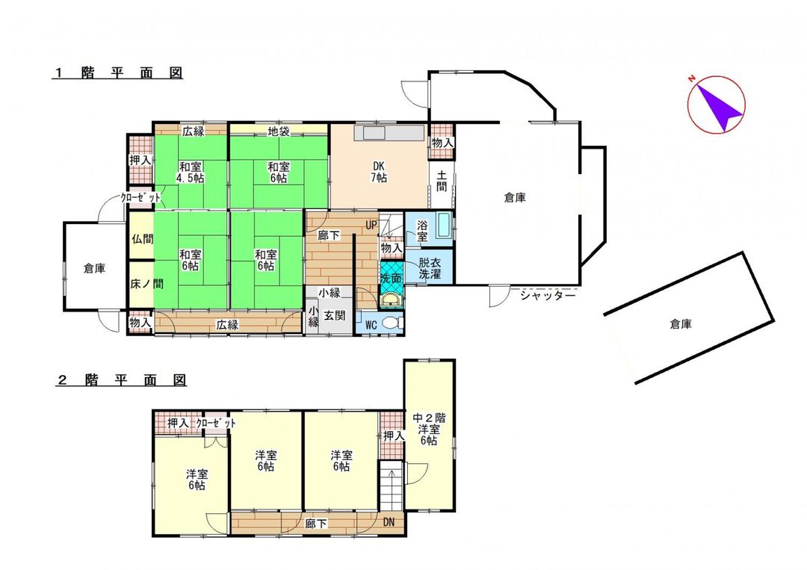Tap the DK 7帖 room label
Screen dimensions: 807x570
tap(380, 173)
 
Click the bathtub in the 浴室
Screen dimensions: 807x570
tap(442, 227)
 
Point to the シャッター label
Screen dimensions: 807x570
tap(548, 297)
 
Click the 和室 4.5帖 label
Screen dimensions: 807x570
tap(191, 173)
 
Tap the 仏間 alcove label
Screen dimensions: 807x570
tap(142, 239)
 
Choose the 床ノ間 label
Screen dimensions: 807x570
tap(146, 283)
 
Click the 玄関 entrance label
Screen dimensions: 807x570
tap(335, 315)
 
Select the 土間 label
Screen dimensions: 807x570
tap(442, 182)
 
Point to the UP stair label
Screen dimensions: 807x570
tap(371, 225)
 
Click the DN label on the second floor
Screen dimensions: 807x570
tap(389, 522)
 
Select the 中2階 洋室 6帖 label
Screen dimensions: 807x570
tap(429, 429)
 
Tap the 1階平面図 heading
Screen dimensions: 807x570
tap(118, 72)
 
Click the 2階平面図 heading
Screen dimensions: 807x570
tap(121, 380)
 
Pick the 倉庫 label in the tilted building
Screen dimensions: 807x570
tap(681, 324)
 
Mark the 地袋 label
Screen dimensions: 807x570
tap(279, 131)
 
